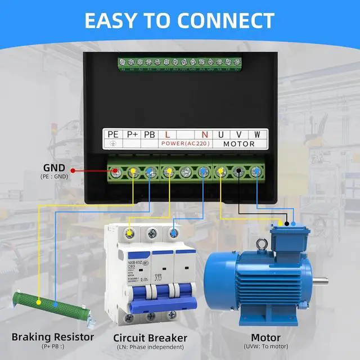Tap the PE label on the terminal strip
[113, 135]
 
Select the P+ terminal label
[132, 135]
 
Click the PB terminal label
[149, 135]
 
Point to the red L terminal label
[168, 135]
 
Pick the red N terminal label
[204, 135]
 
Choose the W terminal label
[257, 135]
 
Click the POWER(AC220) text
[185, 144]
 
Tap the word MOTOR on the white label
[239, 144]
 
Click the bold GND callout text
[54, 168]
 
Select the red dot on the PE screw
[116, 170]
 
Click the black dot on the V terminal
[239, 170]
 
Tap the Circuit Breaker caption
[150, 337]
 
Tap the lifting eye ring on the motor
[260, 245]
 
